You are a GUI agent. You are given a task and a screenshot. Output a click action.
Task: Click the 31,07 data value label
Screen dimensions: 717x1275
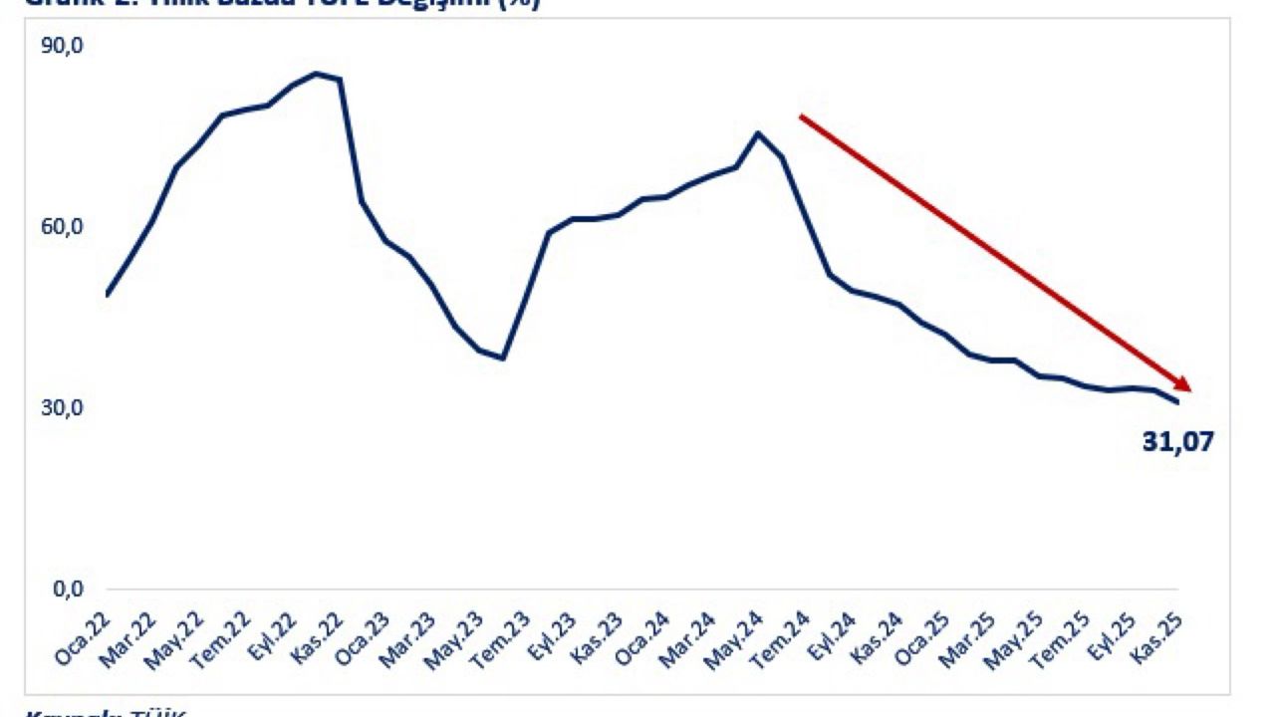1178,441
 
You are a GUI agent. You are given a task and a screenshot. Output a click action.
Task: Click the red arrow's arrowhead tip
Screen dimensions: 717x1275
1190,389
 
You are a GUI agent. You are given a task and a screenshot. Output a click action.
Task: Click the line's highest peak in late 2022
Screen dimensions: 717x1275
317,73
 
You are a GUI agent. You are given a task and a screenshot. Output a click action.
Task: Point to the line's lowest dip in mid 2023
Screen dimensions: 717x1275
503,358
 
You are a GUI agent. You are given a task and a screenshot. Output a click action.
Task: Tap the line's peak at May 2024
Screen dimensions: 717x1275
758,132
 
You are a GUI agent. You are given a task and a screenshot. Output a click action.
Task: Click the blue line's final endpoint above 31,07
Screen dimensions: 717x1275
1177,402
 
